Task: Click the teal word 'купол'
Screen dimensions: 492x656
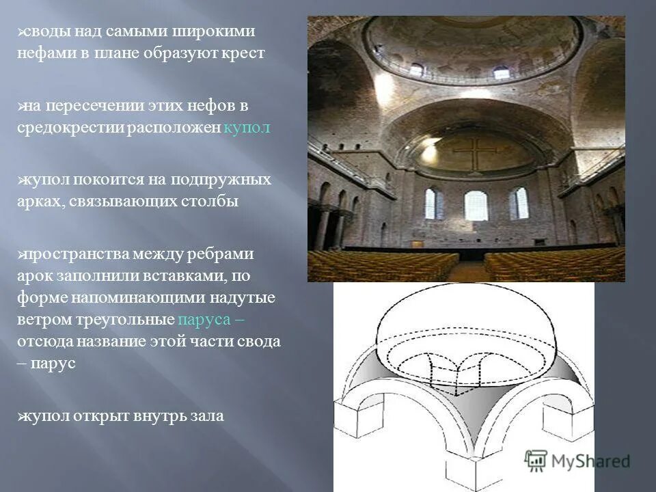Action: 247,128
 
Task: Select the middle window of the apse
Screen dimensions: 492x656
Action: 476,205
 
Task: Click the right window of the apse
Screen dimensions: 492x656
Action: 519,203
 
